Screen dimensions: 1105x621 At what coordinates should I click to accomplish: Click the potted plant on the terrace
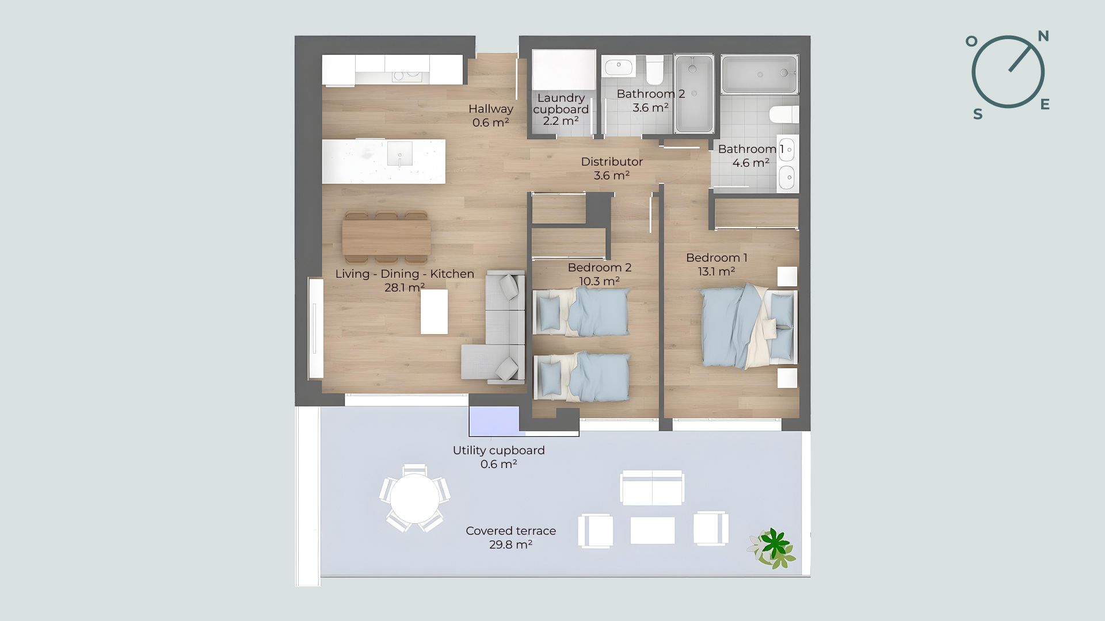click(772, 548)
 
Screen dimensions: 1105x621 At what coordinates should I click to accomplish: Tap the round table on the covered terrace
click(414, 498)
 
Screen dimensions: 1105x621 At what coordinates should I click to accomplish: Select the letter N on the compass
click(1043, 37)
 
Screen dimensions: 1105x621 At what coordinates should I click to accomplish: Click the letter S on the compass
click(977, 114)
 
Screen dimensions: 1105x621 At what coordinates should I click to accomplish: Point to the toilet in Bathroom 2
click(654, 70)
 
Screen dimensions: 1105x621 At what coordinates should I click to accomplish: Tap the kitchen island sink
click(399, 154)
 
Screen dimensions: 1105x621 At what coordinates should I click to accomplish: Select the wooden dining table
click(386, 237)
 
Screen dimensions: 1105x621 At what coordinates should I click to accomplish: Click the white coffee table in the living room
click(434, 312)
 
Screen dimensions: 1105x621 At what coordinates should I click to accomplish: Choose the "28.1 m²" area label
click(405, 287)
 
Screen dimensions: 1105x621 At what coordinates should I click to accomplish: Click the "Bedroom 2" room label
click(599, 267)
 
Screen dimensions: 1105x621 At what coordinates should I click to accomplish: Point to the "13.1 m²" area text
click(717, 271)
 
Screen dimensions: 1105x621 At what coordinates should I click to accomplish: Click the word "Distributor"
click(612, 162)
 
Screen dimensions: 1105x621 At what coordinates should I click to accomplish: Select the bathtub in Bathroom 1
click(760, 74)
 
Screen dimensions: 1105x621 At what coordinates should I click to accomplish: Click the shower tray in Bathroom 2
click(694, 93)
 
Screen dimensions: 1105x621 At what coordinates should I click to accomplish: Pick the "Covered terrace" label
click(511, 531)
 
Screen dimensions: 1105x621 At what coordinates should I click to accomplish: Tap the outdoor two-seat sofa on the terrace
click(652, 488)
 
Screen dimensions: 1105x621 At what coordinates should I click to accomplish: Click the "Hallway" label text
click(491, 109)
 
